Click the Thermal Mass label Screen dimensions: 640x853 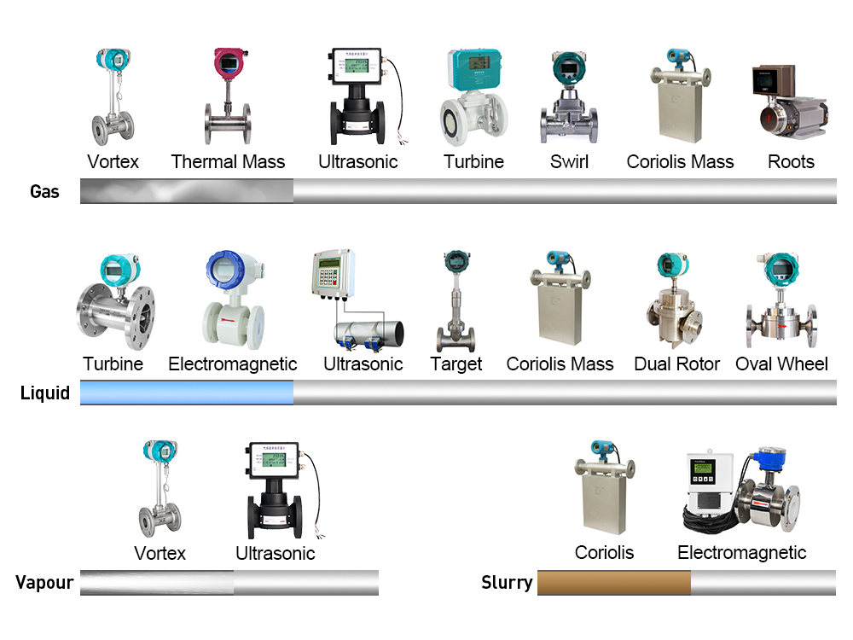pyautogui.click(x=228, y=162)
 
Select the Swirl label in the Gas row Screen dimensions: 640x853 pyautogui.click(x=569, y=162)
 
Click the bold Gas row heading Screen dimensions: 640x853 pyautogui.click(x=44, y=191)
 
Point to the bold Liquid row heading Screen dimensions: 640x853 pyautogui.click(x=44, y=393)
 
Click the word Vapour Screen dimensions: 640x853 pyautogui.click(x=44, y=584)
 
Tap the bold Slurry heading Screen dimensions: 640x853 pyautogui.click(x=507, y=584)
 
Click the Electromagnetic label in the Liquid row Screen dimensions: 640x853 pyautogui.click(x=232, y=364)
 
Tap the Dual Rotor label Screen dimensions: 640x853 pyautogui.click(x=676, y=364)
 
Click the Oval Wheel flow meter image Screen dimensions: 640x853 pyautogui.click(x=780, y=303)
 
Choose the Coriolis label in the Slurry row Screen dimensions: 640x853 pyautogui.click(x=604, y=553)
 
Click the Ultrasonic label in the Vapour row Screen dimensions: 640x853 pyautogui.click(x=275, y=554)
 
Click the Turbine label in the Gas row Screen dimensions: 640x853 pyautogui.click(x=473, y=162)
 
